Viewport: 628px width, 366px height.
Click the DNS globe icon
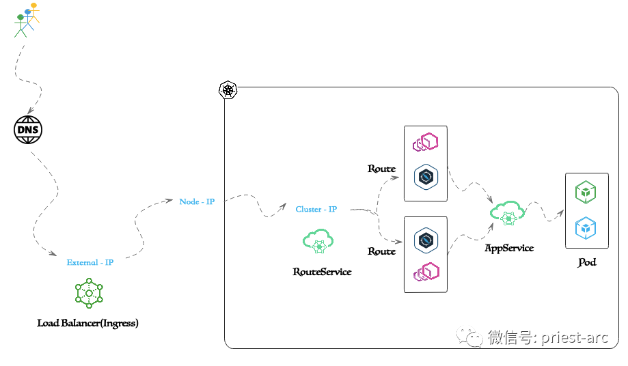pos(28,130)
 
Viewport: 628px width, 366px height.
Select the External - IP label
pos(90,262)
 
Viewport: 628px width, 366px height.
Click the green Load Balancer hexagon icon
pos(89,293)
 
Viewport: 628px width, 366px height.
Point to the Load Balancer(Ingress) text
pos(87,323)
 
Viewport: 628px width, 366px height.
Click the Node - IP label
pos(197,201)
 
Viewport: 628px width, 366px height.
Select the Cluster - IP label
pos(316,209)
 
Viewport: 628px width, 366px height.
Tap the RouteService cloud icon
pos(318,241)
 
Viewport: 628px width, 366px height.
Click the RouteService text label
pos(322,272)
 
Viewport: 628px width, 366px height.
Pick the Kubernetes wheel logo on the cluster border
pos(228,90)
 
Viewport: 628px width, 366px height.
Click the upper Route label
pos(381,169)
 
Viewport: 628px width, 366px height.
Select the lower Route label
pos(381,251)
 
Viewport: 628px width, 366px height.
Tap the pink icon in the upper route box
pos(425,143)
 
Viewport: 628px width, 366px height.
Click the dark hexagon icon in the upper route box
pos(426,178)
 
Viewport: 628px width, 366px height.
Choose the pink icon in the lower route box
pos(426,272)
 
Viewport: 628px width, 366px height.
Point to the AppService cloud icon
pos(508,213)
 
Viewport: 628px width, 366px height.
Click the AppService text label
pos(509,248)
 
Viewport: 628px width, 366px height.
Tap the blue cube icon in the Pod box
pos(586,228)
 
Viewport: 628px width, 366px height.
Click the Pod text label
pos(586,262)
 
